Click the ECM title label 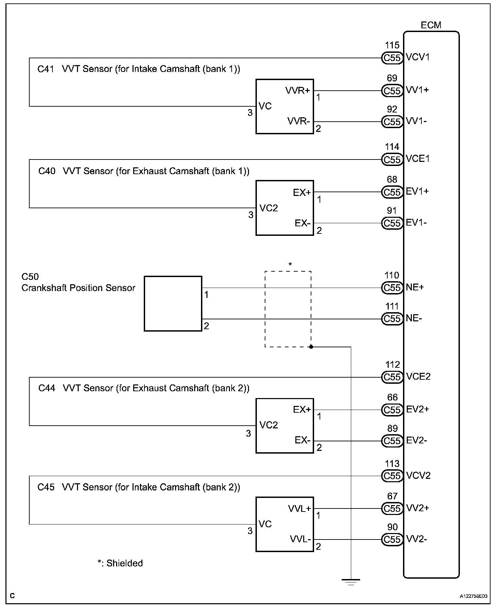[x=431, y=25]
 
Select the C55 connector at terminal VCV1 [x=392, y=58]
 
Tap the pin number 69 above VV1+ [x=392, y=78]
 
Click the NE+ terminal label [x=415, y=287]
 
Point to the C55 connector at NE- [x=392, y=319]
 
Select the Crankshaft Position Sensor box [x=173, y=303]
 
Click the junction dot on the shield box [x=311, y=347]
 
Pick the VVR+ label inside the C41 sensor [x=298, y=90]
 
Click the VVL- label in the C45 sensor [x=300, y=539]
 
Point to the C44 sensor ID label [x=47, y=388]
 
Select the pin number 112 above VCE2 [x=392, y=365]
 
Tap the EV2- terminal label [x=417, y=440]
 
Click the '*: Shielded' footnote [x=120, y=563]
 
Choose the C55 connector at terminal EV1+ [x=392, y=192]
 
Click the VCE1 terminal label [x=418, y=159]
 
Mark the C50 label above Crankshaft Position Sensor [x=30, y=276]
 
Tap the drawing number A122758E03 [x=473, y=596]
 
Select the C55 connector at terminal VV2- [x=392, y=539]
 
